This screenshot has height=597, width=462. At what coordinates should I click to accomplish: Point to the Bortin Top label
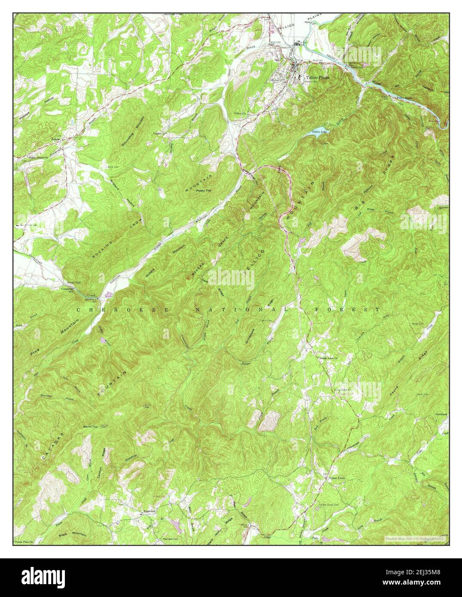tap(91, 426)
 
